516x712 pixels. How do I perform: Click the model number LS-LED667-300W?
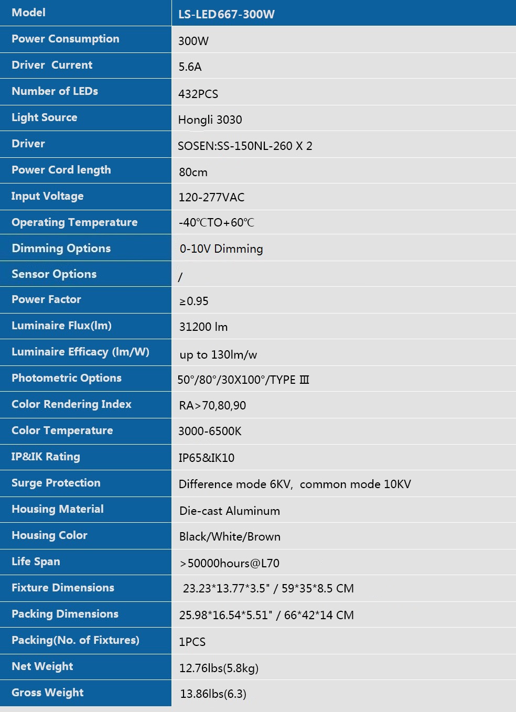pyautogui.click(x=226, y=14)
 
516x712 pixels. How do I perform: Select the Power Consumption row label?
pyautogui.click(x=66, y=39)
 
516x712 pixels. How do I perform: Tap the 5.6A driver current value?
pyautogui.click(x=190, y=67)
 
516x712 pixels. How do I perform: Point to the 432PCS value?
pyautogui.click(x=198, y=94)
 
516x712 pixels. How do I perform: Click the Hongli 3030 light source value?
pyautogui.click(x=210, y=120)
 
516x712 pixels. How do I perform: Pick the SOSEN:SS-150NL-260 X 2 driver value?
pyautogui.click(x=245, y=146)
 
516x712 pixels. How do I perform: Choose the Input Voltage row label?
pyautogui.click(x=48, y=196)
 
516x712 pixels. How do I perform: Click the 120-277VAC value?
pyautogui.click(x=211, y=197)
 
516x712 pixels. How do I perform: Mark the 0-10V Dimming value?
pyautogui.click(x=221, y=249)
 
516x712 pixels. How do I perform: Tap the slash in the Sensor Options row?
pyautogui.click(x=180, y=277)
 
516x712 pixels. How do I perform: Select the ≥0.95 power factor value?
pyautogui.click(x=193, y=301)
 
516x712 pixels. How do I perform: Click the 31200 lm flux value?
pyautogui.click(x=203, y=327)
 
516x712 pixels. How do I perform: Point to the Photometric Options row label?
pyautogui.click(x=67, y=378)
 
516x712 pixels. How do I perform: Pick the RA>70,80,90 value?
pyautogui.click(x=212, y=405)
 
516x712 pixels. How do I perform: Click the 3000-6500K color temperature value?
pyautogui.click(x=210, y=431)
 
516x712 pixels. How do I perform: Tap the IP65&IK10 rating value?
pyautogui.click(x=206, y=458)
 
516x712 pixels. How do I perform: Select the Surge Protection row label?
pyautogui.click(x=56, y=483)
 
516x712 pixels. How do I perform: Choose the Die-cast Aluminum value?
pyautogui.click(x=230, y=511)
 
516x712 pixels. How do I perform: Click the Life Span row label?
pyautogui.click(x=36, y=562)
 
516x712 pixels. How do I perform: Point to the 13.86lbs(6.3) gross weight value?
pyautogui.click(x=213, y=694)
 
